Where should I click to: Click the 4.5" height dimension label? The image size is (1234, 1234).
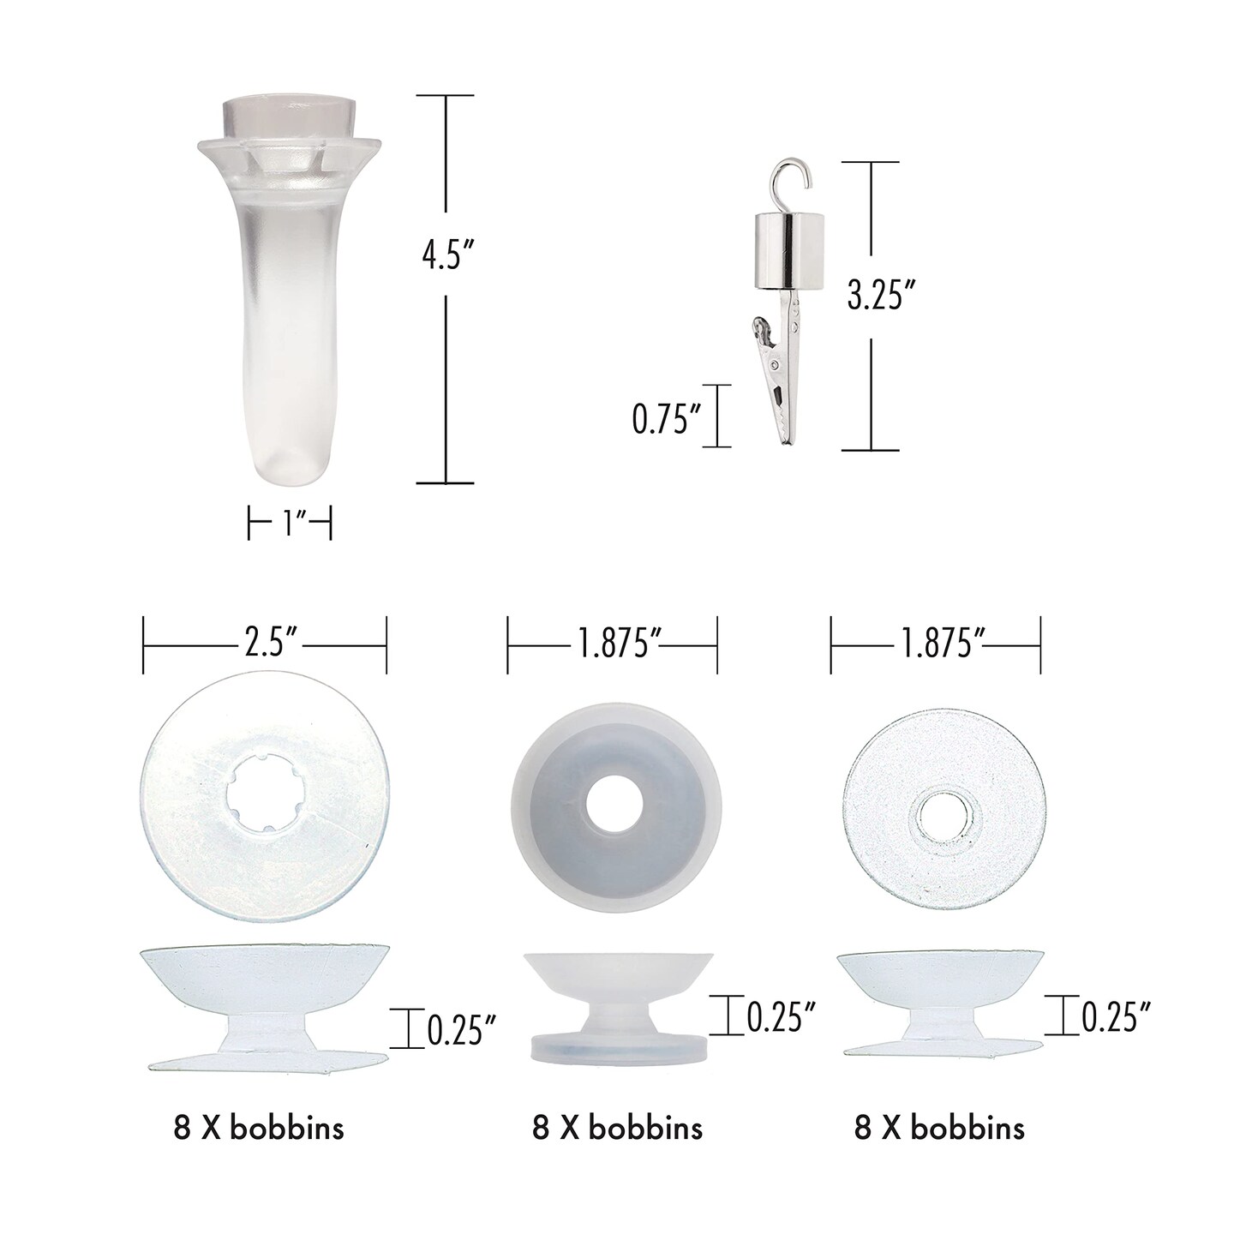click(x=447, y=256)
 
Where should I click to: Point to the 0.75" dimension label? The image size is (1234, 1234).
click(x=666, y=419)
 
